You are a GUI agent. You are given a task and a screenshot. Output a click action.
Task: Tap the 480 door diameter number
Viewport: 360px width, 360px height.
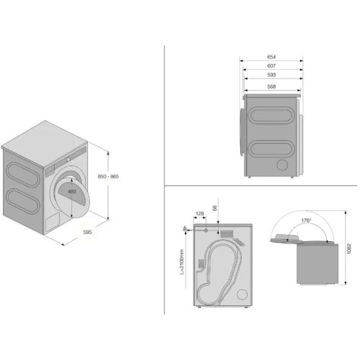tap(72, 192)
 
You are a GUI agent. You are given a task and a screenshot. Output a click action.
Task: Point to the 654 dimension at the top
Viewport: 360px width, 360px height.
tap(271, 55)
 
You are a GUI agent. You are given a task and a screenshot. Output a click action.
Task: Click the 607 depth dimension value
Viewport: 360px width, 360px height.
tap(271, 66)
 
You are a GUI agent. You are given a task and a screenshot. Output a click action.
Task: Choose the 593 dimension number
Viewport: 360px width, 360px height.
tap(271, 76)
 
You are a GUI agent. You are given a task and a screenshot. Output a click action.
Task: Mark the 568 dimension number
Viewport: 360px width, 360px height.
tap(271, 86)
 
